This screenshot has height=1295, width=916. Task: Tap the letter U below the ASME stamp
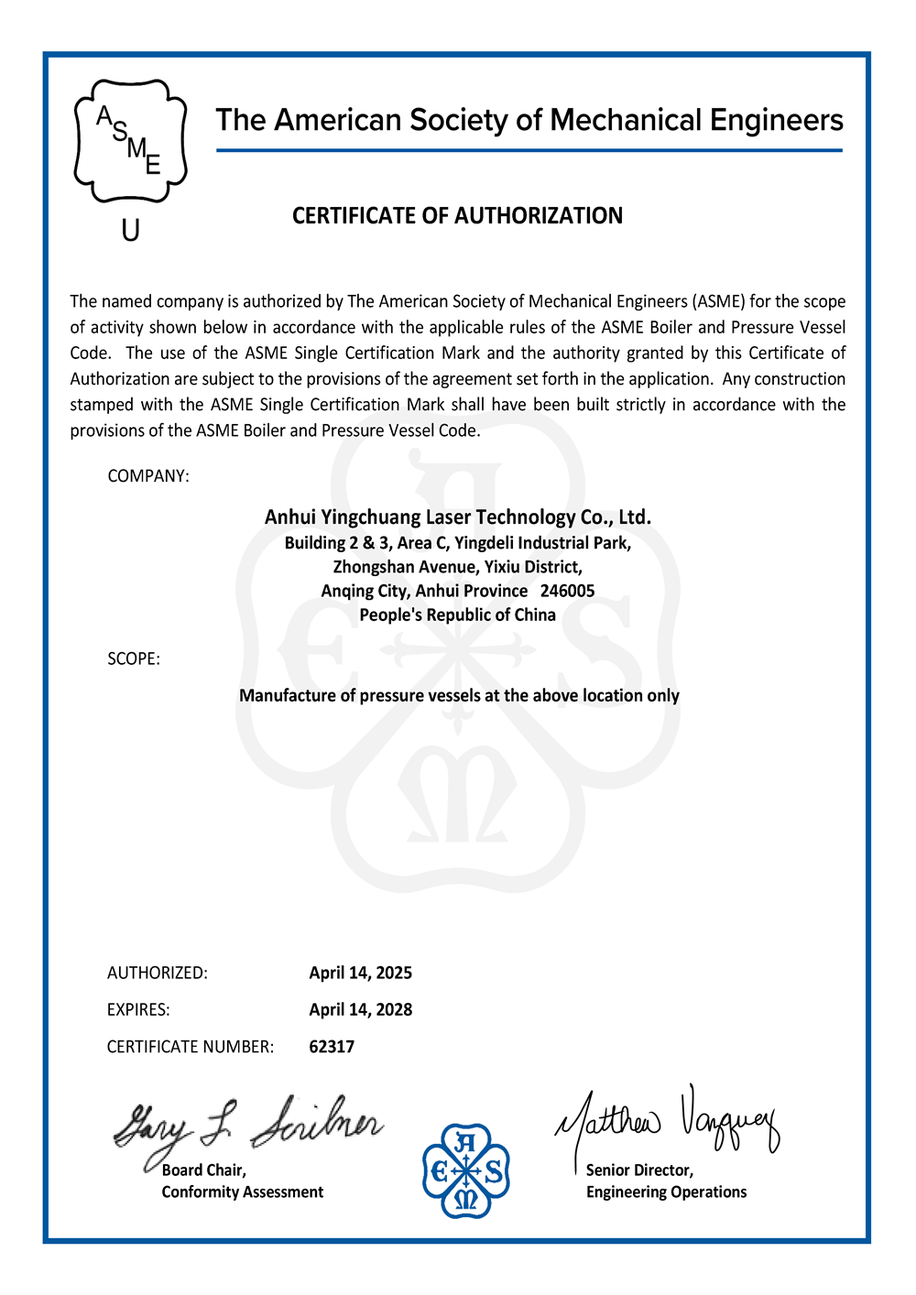click(131, 231)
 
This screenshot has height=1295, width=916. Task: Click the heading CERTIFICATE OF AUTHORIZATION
click(457, 216)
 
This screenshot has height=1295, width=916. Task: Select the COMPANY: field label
click(148, 476)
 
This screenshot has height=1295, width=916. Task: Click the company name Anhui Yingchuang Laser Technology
click(457, 517)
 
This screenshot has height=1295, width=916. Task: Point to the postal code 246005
click(567, 592)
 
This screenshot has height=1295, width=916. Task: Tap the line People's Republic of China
click(457, 615)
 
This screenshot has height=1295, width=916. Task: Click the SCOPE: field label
click(134, 659)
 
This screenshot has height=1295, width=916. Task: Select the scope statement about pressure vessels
click(459, 696)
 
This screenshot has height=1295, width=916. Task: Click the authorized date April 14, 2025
click(360, 974)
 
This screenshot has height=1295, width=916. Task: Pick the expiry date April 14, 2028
click(360, 1010)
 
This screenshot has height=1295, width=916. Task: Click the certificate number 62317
click(332, 1047)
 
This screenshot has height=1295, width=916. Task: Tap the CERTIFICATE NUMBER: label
click(191, 1047)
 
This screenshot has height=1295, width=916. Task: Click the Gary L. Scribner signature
click(247, 1126)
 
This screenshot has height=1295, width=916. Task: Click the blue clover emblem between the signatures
click(466, 1171)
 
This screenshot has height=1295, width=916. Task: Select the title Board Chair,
click(204, 1170)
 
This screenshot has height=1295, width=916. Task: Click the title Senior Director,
click(639, 1170)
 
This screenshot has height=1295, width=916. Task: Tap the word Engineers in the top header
click(777, 121)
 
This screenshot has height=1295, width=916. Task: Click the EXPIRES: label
click(138, 1010)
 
